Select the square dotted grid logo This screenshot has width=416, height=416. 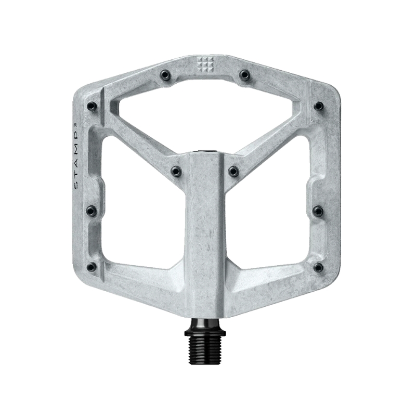point(204,65)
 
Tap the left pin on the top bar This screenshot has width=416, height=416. point(166,75)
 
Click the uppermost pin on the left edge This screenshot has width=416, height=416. point(93,107)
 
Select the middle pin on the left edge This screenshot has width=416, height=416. point(92,211)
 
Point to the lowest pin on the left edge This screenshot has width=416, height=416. point(92,267)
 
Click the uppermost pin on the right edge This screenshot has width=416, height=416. point(319,107)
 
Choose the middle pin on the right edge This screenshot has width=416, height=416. point(318,211)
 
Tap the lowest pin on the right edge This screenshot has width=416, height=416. point(318,267)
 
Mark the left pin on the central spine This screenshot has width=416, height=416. point(176,171)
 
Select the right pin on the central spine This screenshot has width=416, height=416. point(233,171)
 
